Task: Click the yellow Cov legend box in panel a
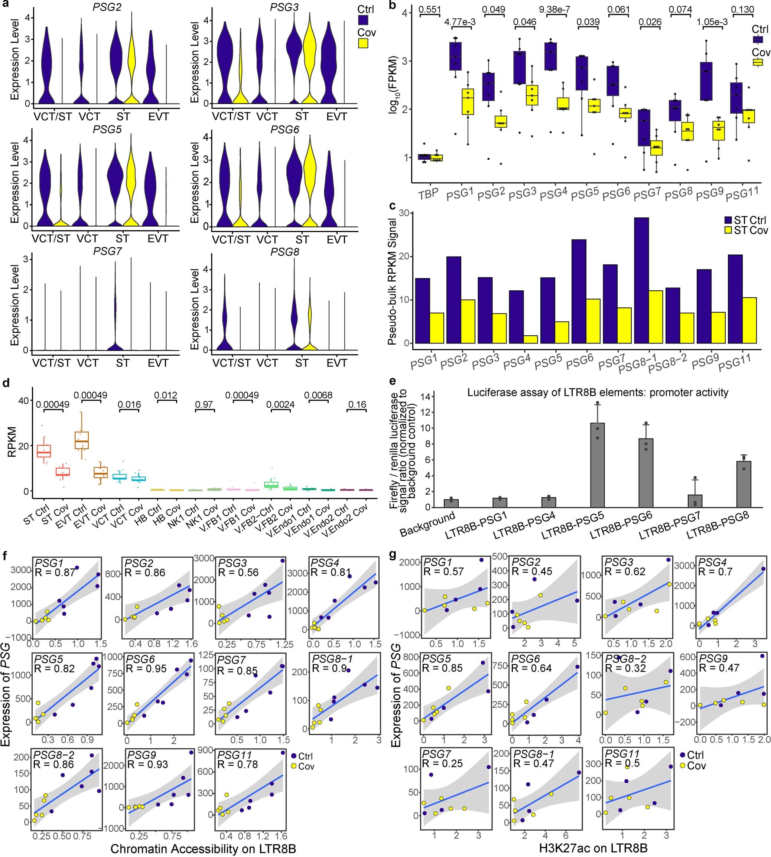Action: tap(363, 43)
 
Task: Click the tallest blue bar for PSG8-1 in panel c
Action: tap(641, 280)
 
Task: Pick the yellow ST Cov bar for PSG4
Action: tap(531, 339)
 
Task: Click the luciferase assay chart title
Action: tap(598, 392)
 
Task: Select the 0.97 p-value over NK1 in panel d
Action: tap(204, 405)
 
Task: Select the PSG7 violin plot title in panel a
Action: tap(107, 252)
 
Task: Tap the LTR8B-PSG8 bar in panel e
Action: tap(744, 484)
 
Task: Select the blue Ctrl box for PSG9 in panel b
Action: tap(706, 81)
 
